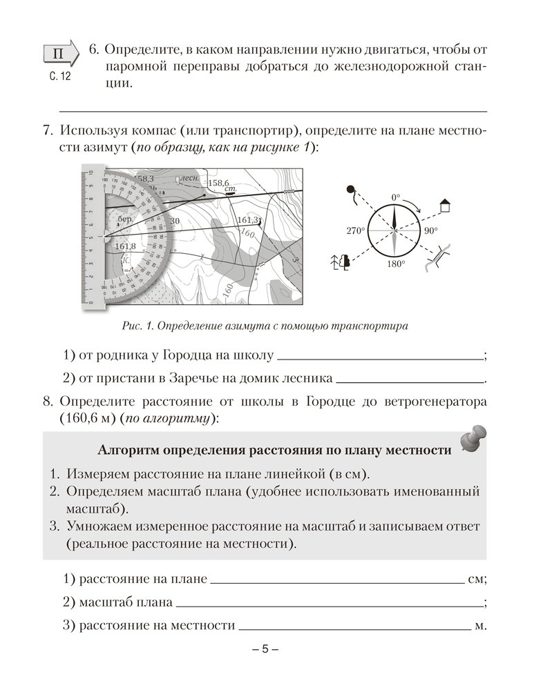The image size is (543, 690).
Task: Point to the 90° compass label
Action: coord(432,231)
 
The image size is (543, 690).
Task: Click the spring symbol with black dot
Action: coord(350,190)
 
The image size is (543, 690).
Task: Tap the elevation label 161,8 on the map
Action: coord(125,246)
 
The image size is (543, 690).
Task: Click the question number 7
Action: coord(48,130)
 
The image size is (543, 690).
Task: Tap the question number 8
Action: coord(48,401)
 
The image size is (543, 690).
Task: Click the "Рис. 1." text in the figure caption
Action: coord(134,326)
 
